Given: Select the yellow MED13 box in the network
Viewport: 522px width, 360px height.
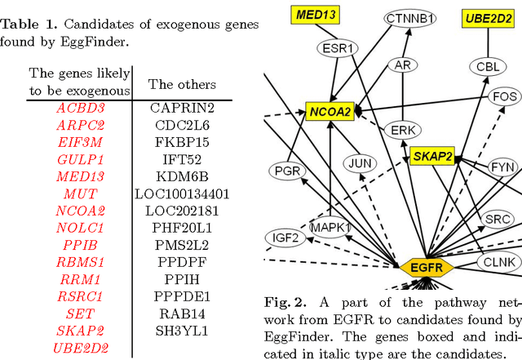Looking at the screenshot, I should click(x=317, y=14).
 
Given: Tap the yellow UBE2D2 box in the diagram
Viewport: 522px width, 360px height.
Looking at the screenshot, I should click(x=488, y=17).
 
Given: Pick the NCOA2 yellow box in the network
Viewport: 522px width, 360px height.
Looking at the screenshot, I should click(x=330, y=111).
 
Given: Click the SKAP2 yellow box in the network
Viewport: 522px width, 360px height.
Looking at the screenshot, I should click(x=433, y=156).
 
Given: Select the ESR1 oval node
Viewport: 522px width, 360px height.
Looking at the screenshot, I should click(x=338, y=48).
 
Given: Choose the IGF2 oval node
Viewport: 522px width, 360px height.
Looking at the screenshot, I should click(x=285, y=238).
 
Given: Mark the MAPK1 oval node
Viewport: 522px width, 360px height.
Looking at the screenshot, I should click(x=330, y=226).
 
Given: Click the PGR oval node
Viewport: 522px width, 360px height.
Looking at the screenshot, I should click(x=287, y=171).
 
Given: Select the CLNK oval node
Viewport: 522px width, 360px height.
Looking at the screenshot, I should click(x=498, y=262).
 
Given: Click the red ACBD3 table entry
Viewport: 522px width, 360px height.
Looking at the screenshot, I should click(x=80, y=107).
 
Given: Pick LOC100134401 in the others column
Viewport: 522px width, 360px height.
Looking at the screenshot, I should click(x=182, y=193).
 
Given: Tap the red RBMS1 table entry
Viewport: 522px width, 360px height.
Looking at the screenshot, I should click(x=80, y=262).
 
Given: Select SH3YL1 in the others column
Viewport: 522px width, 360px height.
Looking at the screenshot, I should click(x=182, y=331).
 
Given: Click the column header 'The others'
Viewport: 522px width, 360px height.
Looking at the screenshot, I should click(x=182, y=84).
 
